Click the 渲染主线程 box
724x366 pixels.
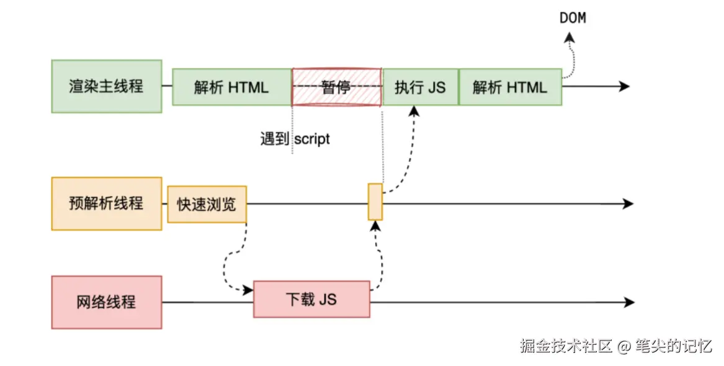tap(106, 86)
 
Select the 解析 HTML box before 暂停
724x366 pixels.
tap(231, 87)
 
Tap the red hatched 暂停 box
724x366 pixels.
tap(336, 87)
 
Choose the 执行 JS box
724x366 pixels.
tap(420, 87)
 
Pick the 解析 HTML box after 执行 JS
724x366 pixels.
tap(510, 87)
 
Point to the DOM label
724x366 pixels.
tap(573, 18)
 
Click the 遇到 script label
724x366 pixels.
tap(295, 138)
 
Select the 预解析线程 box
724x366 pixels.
tap(106, 203)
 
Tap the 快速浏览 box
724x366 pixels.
tap(207, 204)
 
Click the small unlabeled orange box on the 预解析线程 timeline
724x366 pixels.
tap(375, 202)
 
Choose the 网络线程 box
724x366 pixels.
tap(106, 302)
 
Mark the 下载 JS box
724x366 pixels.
tap(311, 300)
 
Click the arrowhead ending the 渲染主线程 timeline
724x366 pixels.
tap(624, 87)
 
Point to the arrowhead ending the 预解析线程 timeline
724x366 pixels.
tap(627, 203)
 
